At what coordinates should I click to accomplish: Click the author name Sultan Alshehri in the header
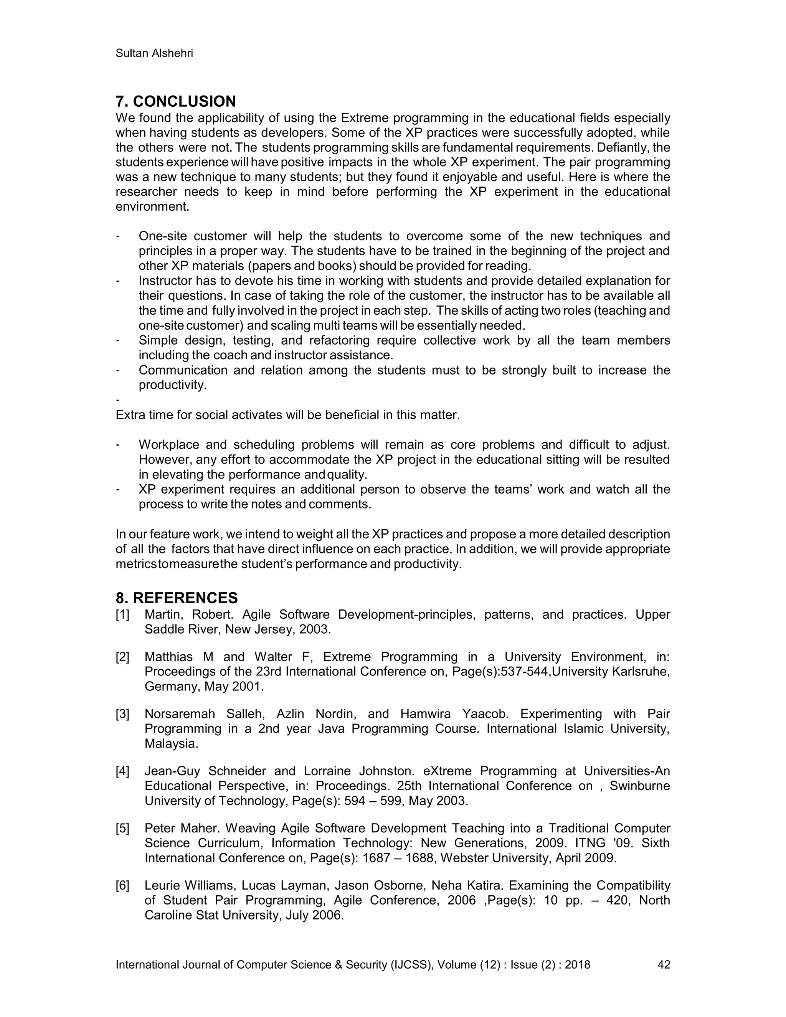(154, 54)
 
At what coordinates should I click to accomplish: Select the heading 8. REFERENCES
(177, 598)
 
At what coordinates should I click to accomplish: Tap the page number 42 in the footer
(664, 964)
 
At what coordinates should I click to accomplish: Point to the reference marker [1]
(122, 615)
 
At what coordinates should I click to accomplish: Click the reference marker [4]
(122, 771)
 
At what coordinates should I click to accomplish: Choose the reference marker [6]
(122, 885)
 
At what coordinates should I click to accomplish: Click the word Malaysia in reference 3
(171, 744)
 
